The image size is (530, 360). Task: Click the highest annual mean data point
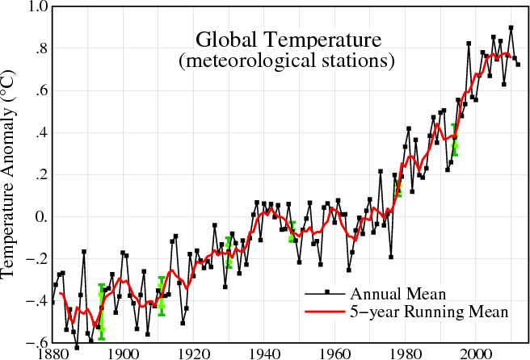coord(511,28)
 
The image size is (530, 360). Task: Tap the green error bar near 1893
coord(102,312)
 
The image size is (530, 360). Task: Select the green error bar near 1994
coord(455,140)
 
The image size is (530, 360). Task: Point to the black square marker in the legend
coord(326,291)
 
